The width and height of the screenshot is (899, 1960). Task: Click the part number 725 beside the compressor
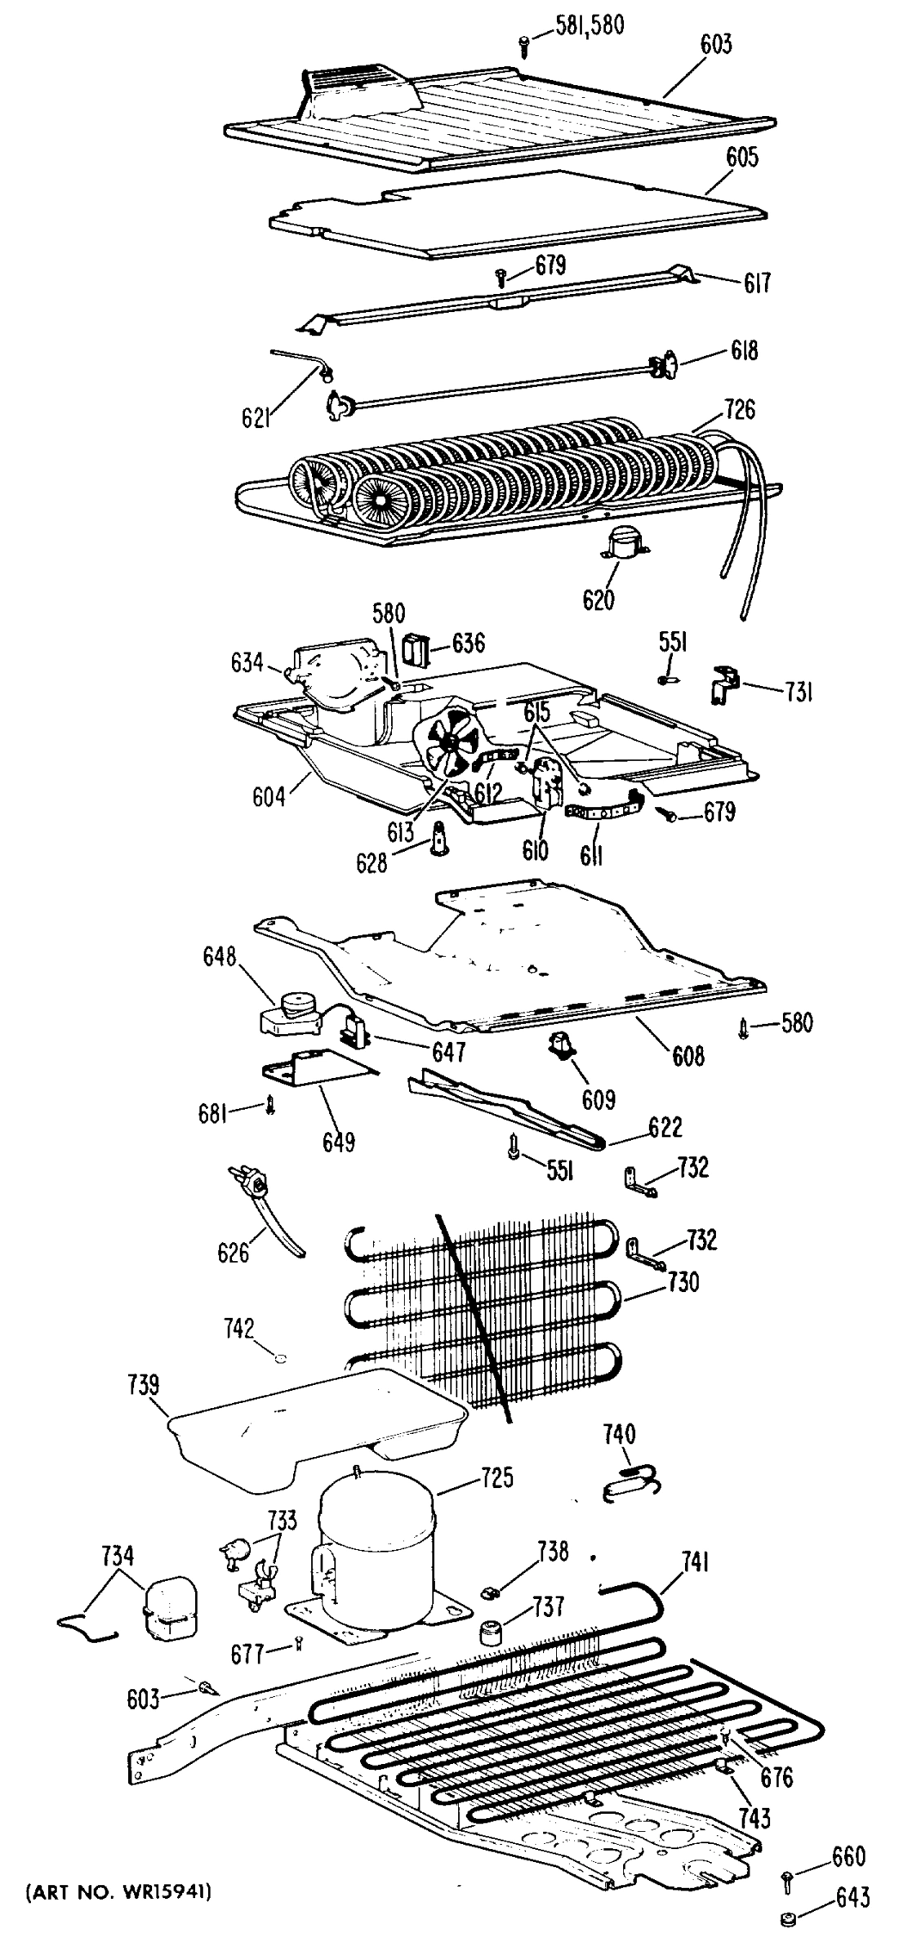click(496, 1478)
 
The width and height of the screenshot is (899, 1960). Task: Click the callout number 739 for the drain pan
click(144, 1386)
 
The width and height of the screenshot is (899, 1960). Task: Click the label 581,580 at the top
click(590, 26)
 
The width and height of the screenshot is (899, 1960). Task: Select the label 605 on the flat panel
click(741, 157)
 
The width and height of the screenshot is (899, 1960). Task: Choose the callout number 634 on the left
click(245, 662)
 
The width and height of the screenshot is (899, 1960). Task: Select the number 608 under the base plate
click(688, 1056)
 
